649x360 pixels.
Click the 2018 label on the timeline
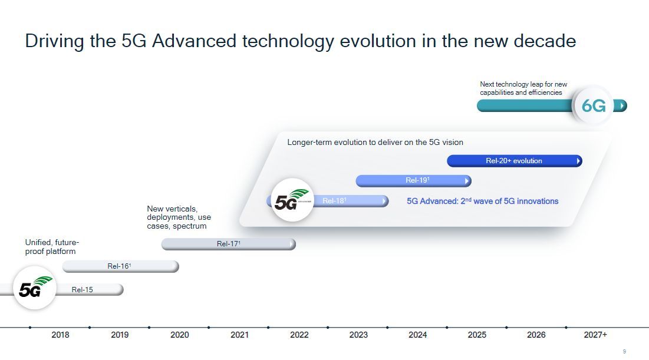61,335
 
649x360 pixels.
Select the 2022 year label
299,335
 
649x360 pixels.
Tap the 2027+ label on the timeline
595,335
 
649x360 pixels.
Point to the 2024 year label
417,335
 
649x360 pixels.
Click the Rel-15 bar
89,290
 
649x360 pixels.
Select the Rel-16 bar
120,266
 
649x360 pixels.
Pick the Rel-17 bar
229,244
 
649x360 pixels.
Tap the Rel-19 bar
413,180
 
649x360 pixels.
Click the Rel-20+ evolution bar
515,161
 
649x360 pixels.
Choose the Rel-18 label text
334,201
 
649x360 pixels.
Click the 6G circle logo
594,105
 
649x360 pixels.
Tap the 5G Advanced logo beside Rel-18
292,200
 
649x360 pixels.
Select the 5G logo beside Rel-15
35,289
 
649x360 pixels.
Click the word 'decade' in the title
545,41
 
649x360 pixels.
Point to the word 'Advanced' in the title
194,41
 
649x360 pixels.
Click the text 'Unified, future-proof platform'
52,247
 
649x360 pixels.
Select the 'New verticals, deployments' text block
179,217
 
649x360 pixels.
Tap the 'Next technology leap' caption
523,88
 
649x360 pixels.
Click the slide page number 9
624,351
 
